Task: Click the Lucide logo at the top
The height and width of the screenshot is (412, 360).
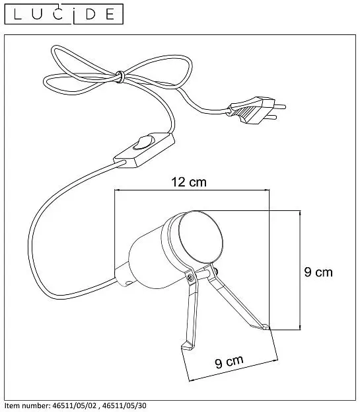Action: click(64, 14)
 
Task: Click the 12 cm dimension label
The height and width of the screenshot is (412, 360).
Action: click(189, 182)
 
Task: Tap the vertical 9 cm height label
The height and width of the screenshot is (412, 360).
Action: click(318, 272)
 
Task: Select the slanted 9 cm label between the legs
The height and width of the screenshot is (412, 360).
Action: click(229, 362)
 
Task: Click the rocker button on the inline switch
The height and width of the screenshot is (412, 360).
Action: click(143, 143)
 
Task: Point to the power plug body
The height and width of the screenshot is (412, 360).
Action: click(251, 110)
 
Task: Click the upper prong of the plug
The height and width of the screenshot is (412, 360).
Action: click(279, 106)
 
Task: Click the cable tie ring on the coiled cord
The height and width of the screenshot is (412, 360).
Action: click(120, 77)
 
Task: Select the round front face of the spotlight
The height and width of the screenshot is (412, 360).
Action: click(200, 237)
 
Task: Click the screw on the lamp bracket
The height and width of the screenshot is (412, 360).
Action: click(190, 276)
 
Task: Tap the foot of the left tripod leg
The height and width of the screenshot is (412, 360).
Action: click(187, 346)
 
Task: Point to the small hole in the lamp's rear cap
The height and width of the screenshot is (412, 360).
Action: click(129, 283)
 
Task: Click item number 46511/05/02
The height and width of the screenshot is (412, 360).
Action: click(75, 405)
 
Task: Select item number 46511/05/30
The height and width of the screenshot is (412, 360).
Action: click(124, 405)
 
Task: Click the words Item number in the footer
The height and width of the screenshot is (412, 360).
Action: click(27, 405)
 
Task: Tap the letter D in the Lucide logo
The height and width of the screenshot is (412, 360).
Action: click(90, 15)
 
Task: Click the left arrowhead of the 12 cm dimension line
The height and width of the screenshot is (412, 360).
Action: click(117, 190)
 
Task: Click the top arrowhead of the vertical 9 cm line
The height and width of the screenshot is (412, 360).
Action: click(300, 213)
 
